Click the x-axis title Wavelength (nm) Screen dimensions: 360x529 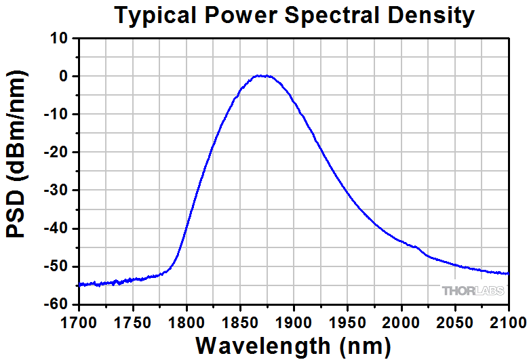tap(293, 344)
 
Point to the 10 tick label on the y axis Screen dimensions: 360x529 tap(60, 39)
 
